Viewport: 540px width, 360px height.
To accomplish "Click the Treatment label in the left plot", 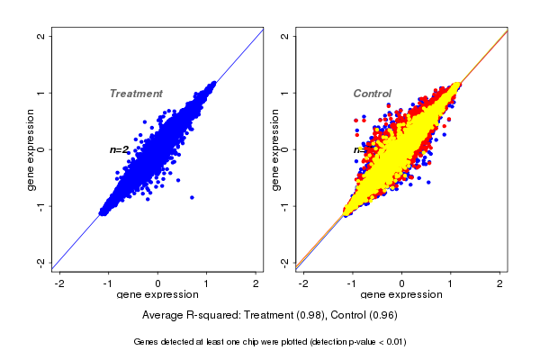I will tap(136, 94).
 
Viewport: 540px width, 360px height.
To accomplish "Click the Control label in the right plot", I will tap(372, 94).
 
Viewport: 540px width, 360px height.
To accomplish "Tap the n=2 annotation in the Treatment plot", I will tap(120, 149).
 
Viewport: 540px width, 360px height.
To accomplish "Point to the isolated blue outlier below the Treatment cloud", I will tap(192, 197).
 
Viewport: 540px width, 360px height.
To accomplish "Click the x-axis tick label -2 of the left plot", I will tap(59, 283).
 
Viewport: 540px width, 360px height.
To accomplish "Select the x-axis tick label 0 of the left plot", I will tap(158, 283).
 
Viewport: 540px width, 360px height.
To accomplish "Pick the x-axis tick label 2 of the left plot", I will tap(256, 283).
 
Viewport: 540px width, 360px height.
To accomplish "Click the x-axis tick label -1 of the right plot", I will tap(353, 283).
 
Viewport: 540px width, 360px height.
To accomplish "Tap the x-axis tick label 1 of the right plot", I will tap(452, 283).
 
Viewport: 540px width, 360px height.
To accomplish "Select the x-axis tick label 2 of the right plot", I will tap(500, 283).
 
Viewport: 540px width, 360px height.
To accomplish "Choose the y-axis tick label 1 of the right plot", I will tap(284, 93).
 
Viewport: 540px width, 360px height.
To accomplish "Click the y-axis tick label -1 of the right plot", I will tap(284, 206).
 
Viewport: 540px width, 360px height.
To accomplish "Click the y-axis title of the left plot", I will tap(32, 149).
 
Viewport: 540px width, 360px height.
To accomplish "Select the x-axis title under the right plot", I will tap(401, 295).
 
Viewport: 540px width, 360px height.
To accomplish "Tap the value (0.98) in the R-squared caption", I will tap(302, 316).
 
